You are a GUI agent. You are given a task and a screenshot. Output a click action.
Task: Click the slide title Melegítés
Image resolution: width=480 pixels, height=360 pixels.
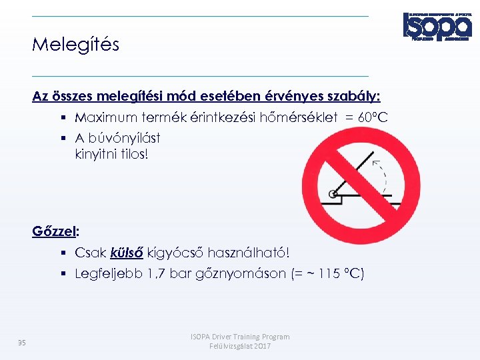[75, 45]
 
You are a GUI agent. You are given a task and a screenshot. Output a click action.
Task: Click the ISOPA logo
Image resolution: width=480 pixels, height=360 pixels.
[436, 27]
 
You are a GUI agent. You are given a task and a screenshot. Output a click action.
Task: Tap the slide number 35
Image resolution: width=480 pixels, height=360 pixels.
[22, 343]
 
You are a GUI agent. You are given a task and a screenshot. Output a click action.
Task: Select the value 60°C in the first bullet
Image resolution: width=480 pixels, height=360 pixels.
[373, 118]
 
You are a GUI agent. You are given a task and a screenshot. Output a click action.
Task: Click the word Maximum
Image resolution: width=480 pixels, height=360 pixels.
[107, 118]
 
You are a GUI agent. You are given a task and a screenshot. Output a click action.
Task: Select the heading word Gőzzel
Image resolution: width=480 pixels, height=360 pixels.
[54, 231]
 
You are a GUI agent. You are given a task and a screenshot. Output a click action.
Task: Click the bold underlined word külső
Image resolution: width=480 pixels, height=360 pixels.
[128, 253]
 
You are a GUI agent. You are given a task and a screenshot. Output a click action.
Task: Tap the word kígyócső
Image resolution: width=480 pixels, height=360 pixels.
[176, 253]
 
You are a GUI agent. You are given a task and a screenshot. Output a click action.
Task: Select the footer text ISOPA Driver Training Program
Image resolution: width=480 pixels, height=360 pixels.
[240, 337]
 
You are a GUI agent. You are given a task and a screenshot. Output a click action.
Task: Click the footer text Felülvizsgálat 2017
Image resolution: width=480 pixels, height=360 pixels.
[240, 347]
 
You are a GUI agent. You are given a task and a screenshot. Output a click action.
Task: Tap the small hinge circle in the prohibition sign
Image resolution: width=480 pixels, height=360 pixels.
[332, 195]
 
